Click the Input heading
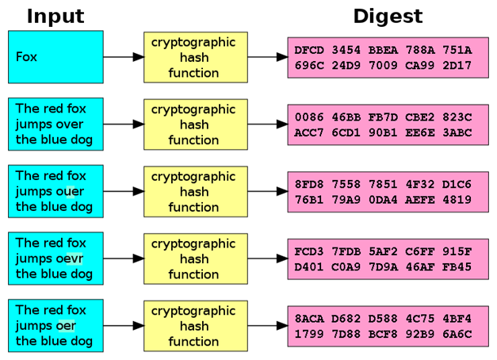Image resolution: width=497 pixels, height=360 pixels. (55, 16)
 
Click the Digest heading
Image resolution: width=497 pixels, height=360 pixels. (388, 17)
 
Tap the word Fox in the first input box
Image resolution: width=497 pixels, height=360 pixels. (26, 57)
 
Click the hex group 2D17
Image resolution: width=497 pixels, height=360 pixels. (457, 65)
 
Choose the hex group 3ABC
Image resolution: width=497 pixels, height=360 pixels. (457, 132)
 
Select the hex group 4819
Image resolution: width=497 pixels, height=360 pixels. (457, 200)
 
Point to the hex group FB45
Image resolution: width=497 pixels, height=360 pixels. (457, 267)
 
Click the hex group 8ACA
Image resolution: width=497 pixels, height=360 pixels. (309, 319)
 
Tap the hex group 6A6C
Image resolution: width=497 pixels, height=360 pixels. (457, 334)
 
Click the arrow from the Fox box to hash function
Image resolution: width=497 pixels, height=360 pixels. (124, 57)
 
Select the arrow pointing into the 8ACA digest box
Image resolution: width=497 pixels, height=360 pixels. (267, 326)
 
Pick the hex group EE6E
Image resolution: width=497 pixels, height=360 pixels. (420, 132)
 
